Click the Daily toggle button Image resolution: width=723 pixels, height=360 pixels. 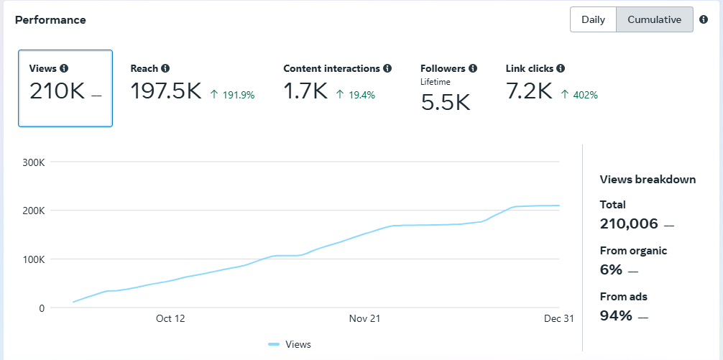pyautogui.click(x=593, y=20)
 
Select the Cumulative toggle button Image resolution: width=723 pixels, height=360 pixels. pyautogui.click(x=654, y=20)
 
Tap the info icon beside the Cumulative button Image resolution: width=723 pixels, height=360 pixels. pyautogui.click(x=703, y=19)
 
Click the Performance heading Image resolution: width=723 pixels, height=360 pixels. pyautogui.click(x=50, y=20)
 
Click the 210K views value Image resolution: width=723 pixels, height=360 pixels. pyautogui.click(x=57, y=91)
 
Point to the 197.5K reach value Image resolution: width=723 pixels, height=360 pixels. pyautogui.click(x=166, y=91)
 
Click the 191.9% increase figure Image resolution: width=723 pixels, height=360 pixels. pyautogui.click(x=232, y=95)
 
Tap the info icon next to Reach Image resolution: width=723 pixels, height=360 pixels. pyautogui.click(x=165, y=68)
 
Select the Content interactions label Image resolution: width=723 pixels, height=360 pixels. pyautogui.click(x=331, y=68)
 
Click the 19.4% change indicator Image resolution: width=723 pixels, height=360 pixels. pyautogui.click(x=355, y=95)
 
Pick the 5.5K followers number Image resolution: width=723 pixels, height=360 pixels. pyautogui.click(x=446, y=102)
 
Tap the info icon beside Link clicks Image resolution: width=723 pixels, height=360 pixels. pyautogui.click(x=561, y=68)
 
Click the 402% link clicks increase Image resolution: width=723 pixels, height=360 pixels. pyautogui.click(x=579, y=95)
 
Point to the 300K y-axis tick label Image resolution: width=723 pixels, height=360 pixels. pyautogui.click(x=33, y=162)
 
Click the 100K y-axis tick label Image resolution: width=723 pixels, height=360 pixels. pyautogui.click(x=33, y=259)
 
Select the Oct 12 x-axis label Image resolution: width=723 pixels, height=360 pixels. pyautogui.click(x=170, y=318)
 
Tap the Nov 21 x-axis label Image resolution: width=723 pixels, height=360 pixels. pyautogui.click(x=364, y=318)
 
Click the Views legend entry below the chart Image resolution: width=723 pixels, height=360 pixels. pyautogui.click(x=290, y=344)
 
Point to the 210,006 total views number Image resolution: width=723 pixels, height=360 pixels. pyautogui.click(x=629, y=224)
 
